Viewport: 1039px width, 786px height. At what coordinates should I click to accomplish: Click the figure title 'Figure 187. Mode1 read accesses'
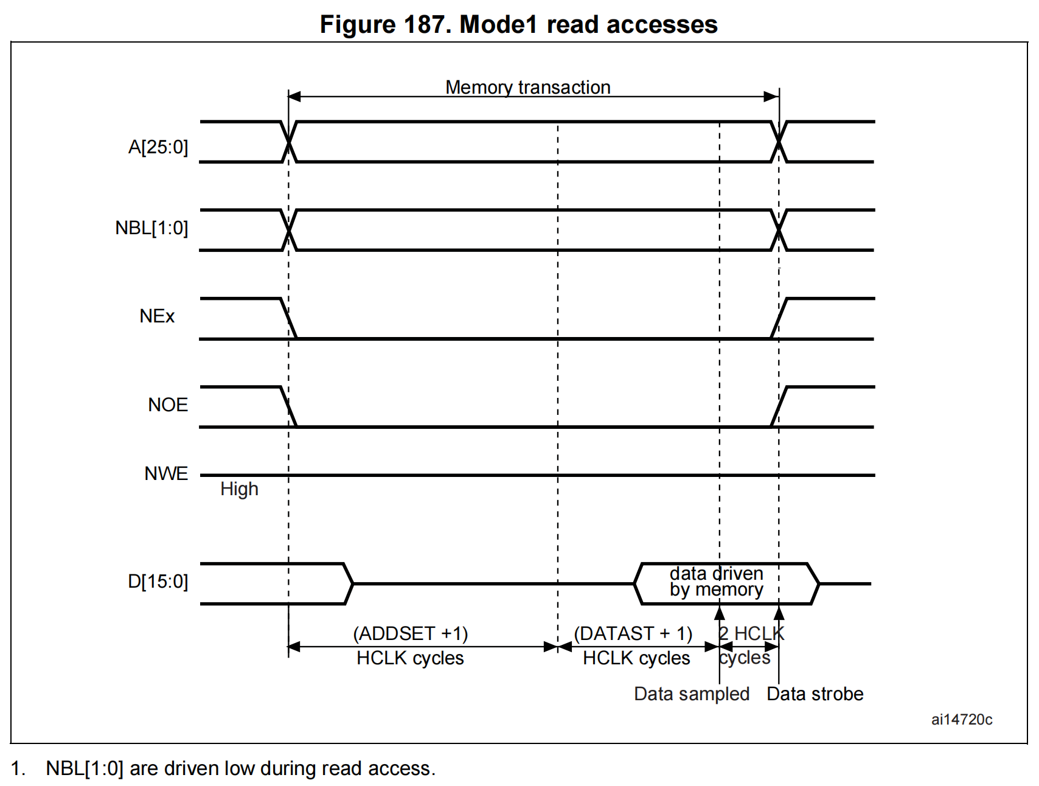pos(518,24)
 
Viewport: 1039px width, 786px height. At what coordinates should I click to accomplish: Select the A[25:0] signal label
pos(158,147)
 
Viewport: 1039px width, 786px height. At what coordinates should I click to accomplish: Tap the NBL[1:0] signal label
pos(151,228)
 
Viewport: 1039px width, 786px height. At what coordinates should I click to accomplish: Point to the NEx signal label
pos(157,316)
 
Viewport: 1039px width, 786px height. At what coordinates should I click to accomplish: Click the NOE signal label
pos(168,405)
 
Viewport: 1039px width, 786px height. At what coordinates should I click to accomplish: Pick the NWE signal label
pos(166,473)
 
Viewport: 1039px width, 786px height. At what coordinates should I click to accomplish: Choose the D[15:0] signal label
pos(158,582)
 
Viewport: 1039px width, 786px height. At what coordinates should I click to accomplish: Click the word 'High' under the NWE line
pos(239,489)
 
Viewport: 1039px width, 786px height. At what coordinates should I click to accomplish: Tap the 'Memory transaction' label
pos(527,88)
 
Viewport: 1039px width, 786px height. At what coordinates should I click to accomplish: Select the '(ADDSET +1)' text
pos(411,634)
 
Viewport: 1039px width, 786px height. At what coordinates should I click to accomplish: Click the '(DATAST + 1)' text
pos(633,634)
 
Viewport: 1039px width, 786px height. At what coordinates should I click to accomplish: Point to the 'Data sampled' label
pos(691,694)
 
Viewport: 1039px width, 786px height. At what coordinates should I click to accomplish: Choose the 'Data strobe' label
pos(815,694)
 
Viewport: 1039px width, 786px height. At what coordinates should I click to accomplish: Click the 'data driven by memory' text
pos(716,582)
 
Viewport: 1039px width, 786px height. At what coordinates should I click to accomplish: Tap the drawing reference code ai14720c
pos(961,720)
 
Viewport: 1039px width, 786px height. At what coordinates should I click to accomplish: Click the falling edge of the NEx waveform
pos(288,318)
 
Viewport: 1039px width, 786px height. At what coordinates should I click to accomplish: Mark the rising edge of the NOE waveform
pos(779,406)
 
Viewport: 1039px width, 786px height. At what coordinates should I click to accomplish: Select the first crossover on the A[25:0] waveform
pos(289,142)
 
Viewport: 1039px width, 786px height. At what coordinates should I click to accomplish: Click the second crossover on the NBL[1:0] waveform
pos(779,230)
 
